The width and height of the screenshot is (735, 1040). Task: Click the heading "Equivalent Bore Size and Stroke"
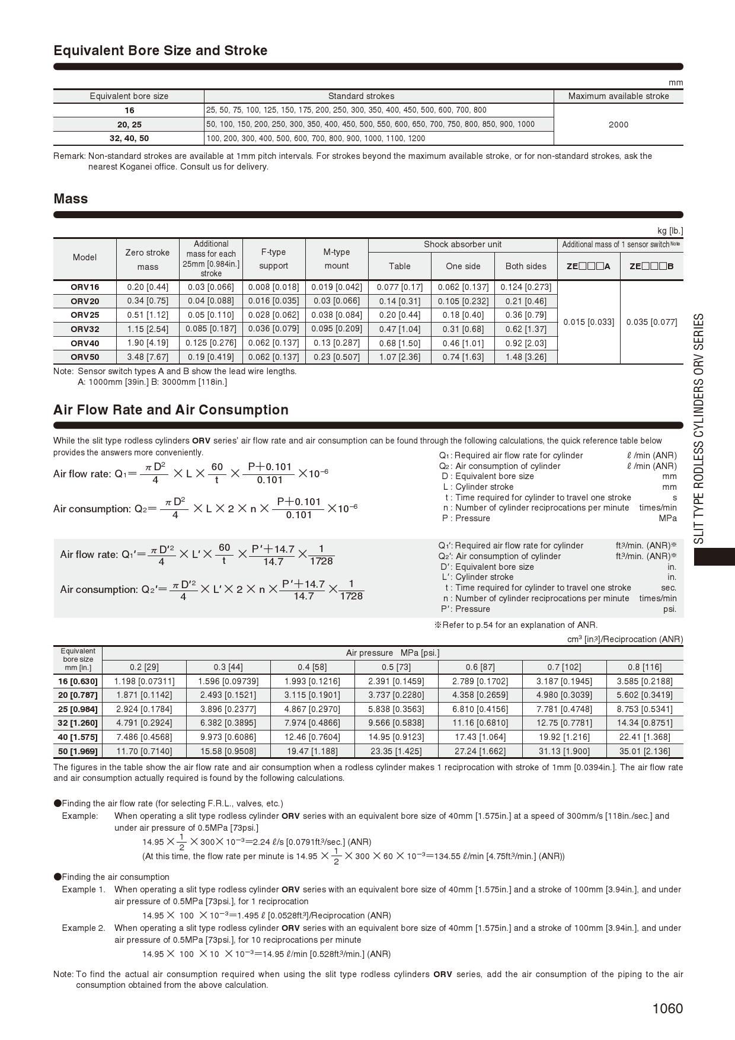pyautogui.click(x=160, y=50)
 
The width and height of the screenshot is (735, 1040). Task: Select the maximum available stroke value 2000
pyautogui.click(x=618, y=125)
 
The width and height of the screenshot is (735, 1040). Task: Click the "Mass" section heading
pyautogui.click(x=71, y=199)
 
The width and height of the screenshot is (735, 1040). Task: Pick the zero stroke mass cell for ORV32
pyautogui.click(x=148, y=329)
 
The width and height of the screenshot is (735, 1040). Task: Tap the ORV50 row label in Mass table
pyautogui.click(x=85, y=357)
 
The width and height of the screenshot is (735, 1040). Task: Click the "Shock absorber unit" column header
pyautogui.click(x=462, y=244)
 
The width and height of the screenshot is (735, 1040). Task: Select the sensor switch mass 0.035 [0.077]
pyautogui.click(x=651, y=322)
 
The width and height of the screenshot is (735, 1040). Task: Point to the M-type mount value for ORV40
pyautogui.click(x=336, y=343)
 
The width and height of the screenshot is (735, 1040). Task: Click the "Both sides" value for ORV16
pyautogui.click(x=526, y=287)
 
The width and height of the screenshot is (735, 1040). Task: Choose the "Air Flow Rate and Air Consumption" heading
pyautogui.click(x=171, y=410)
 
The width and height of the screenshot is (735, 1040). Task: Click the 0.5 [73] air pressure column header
pyautogui.click(x=396, y=667)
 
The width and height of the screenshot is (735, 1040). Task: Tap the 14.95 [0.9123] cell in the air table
pyautogui.click(x=396, y=737)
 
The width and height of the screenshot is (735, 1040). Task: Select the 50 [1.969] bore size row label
pyautogui.click(x=78, y=751)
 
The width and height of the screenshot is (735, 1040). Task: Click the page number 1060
pyautogui.click(x=667, y=1009)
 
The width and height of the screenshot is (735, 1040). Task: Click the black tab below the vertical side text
pyautogui.click(x=714, y=557)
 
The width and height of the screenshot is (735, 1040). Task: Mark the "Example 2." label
pyautogui.click(x=84, y=928)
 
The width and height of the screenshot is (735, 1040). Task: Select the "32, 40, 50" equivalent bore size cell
pyautogui.click(x=129, y=138)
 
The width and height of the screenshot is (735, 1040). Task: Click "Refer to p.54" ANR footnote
pyautogui.click(x=516, y=625)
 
